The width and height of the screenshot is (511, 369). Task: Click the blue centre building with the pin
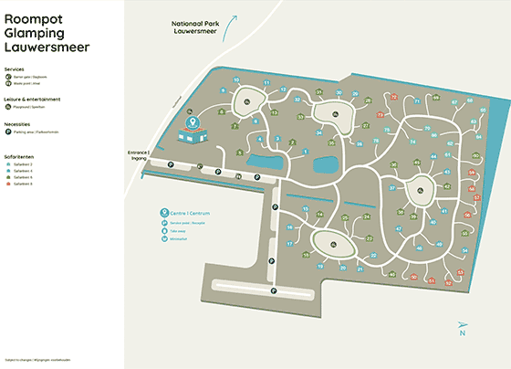tap(193, 132)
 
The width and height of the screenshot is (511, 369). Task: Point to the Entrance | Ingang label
tap(139, 155)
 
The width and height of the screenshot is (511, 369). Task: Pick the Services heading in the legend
tap(14, 69)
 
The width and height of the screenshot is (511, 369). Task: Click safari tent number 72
tap(393, 96)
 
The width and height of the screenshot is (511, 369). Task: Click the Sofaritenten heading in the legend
tap(19, 155)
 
